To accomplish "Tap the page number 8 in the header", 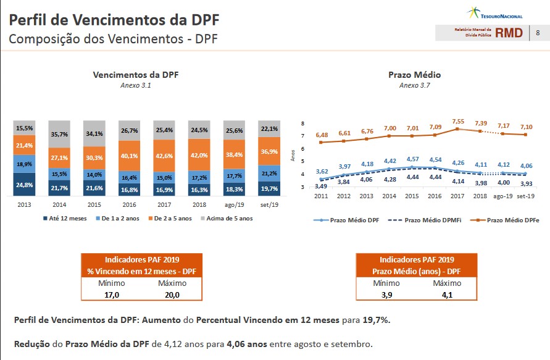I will pyautogui.click(x=538, y=33).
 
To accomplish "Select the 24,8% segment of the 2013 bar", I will pyautogui.click(x=25, y=185).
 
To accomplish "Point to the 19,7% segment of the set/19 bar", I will pyautogui.click(x=270, y=188).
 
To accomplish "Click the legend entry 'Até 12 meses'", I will pyautogui.click(x=66, y=218).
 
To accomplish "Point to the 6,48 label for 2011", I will pyautogui.click(x=322, y=135).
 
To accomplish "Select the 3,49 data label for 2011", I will pyautogui.click(x=321, y=186).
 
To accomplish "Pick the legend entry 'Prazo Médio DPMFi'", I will pyautogui.click(x=431, y=220).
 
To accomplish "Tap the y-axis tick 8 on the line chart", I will pyautogui.click(x=302, y=123).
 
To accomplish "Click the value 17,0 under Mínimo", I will pyautogui.click(x=112, y=295).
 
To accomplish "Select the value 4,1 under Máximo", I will pyautogui.click(x=447, y=295).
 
